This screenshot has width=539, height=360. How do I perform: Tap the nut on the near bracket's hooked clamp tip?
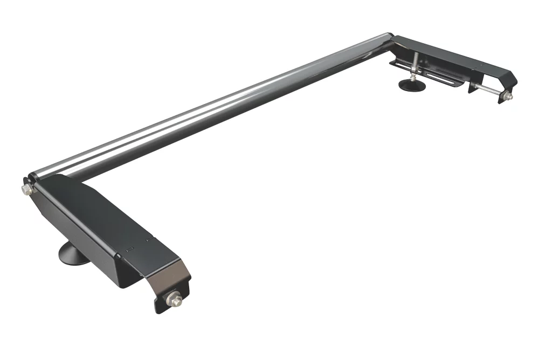(x=176, y=297)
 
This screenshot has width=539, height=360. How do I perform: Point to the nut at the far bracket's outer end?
(x=508, y=96)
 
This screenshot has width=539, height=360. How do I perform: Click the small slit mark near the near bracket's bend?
(x=128, y=250)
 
